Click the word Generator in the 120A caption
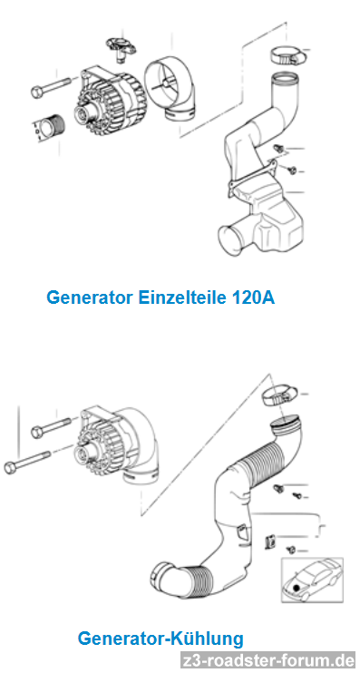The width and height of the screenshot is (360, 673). [90, 297]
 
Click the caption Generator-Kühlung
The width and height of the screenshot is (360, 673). [161, 639]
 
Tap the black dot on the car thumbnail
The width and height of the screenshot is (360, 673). [296, 589]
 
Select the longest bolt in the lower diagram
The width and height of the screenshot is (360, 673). [26, 461]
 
